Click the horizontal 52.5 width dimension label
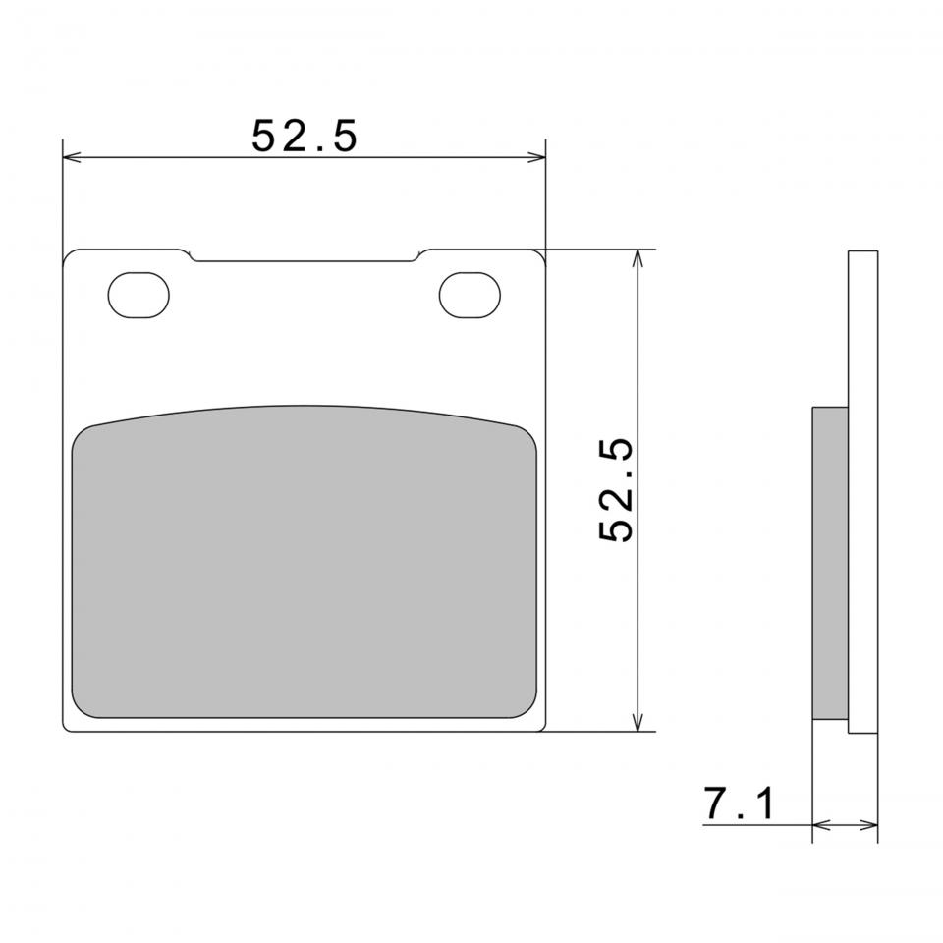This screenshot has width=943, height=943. click(305, 136)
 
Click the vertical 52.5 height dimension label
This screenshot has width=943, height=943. click(617, 490)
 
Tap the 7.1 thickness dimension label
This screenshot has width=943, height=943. click(740, 804)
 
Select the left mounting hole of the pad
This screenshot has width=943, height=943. click(139, 296)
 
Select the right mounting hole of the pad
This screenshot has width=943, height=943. click(470, 296)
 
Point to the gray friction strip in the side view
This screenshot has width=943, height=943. click(830, 563)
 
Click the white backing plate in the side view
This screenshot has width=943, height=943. click(863, 492)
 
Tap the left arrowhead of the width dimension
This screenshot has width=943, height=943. click(72, 157)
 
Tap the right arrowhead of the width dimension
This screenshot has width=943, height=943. click(537, 157)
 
